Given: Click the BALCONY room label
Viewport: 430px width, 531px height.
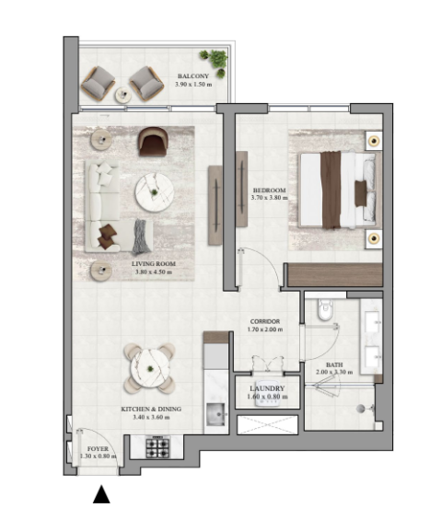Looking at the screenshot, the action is [x=193, y=76].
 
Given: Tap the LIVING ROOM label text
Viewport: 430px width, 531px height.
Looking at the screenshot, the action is [x=154, y=264].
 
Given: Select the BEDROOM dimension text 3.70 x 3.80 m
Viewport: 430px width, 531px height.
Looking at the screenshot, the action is [x=270, y=198].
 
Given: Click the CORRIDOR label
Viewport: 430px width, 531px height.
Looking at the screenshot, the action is [x=265, y=321].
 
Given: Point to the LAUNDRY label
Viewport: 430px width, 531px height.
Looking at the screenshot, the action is [x=267, y=388].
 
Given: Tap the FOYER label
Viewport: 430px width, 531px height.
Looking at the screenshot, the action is [x=98, y=449].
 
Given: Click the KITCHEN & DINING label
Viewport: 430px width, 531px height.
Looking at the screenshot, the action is [x=151, y=410].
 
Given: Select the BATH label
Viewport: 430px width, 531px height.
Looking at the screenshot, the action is [x=334, y=364].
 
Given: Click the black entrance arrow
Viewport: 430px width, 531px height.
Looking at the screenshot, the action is [x=101, y=494].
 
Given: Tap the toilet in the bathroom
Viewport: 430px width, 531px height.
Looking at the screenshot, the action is [x=326, y=309].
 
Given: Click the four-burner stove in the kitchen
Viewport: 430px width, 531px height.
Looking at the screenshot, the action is [x=157, y=447].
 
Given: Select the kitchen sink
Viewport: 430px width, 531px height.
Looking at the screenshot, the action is [x=215, y=414].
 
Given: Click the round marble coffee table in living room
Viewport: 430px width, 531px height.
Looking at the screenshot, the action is [x=155, y=192].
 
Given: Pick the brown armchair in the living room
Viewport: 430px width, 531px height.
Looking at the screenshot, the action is [x=153, y=141].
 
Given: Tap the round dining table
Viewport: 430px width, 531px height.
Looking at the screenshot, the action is [x=149, y=368].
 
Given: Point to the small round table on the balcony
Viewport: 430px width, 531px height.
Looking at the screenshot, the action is [x=123, y=95].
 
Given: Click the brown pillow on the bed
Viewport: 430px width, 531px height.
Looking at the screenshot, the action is [x=361, y=193].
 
